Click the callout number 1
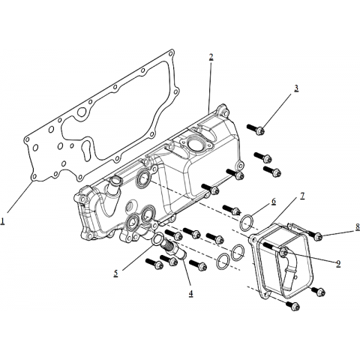click(x=3, y=221)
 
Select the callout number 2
click(x=211, y=57)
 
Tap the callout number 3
click(x=296, y=88)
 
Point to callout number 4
click(x=190, y=293)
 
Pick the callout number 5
click(x=115, y=274)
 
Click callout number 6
click(x=274, y=201)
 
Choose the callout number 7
click(x=302, y=196)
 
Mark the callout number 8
click(x=358, y=226)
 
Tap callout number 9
click(x=338, y=264)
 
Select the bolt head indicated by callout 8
click(x=317, y=236)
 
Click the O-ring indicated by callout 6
click(x=247, y=223)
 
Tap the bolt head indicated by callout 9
click(x=284, y=253)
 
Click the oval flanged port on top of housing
click(x=196, y=144)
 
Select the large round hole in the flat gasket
click(x=82, y=113)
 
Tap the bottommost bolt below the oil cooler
click(x=292, y=305)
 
